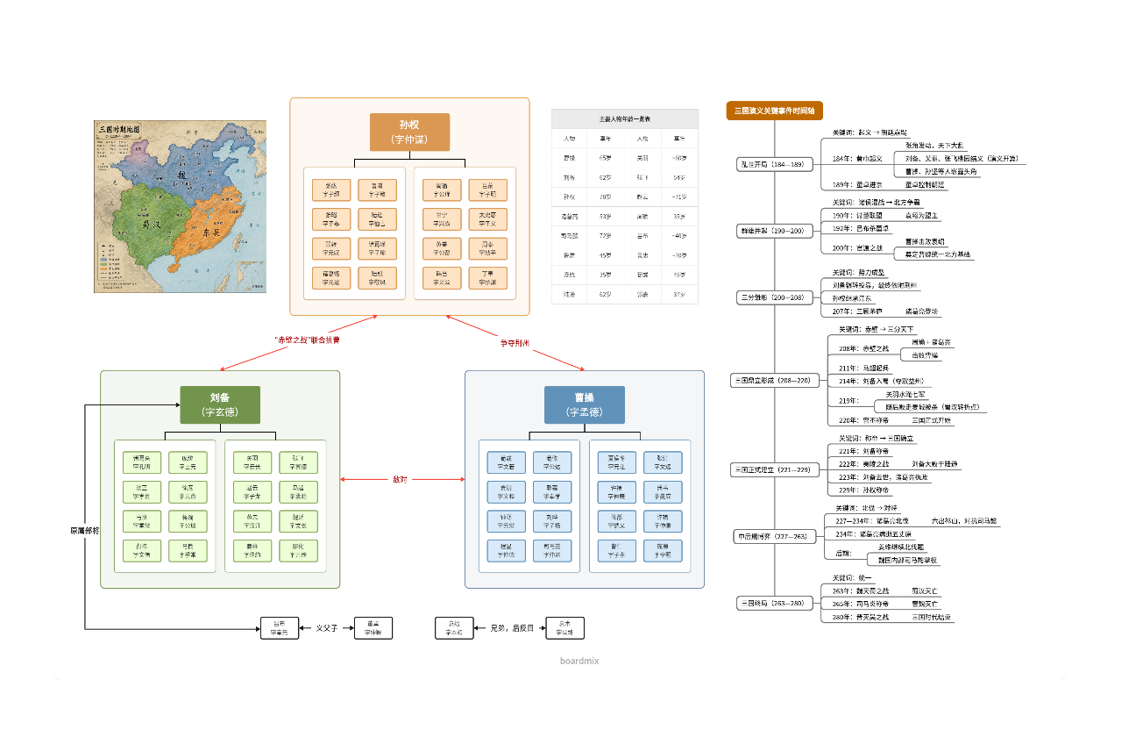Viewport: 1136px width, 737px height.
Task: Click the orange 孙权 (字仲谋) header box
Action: [x=409, y=132]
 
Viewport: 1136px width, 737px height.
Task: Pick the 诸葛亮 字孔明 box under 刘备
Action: [x=142, y=462]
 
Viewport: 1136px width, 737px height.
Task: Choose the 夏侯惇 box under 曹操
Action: [x=616, y=462]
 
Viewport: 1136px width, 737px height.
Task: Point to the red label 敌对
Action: [x=401, y=480]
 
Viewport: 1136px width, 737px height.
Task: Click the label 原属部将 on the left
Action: [x=85, y=531]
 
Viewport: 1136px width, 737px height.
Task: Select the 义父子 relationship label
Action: [x=326, y=628]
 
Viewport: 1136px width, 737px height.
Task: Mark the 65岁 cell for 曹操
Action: [x=605, y=157]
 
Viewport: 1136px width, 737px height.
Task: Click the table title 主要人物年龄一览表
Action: [x=624, y=118]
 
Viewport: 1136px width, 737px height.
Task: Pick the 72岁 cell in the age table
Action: [x=605, y=235]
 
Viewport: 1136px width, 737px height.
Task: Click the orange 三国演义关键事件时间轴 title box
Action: [x=774, y=111]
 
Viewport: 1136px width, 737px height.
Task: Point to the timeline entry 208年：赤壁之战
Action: [x=863, y=348]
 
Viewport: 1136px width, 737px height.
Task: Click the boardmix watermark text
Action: [x=579, y=661]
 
